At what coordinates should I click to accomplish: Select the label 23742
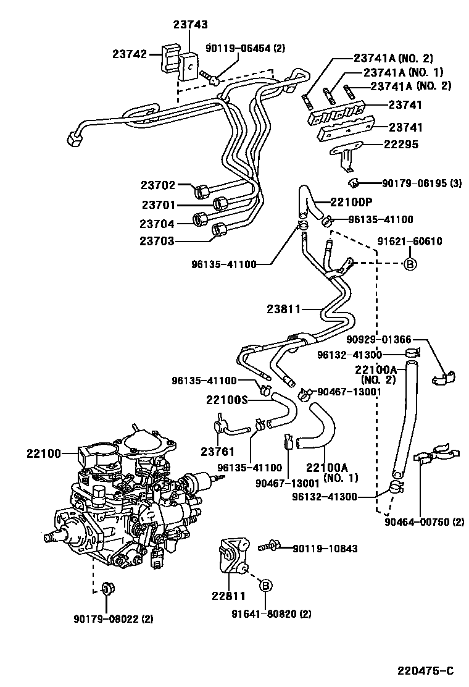tap(129, 54)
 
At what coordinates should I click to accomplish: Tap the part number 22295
tap(401, 145)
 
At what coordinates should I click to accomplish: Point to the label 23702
tap(159, 185)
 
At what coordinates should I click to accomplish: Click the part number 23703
tap(157, 241)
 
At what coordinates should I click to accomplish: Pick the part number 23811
tap(284, 308)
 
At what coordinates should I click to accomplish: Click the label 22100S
tap(226, 400)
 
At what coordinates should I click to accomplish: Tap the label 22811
tap(228, 596)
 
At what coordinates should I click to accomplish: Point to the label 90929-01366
tap(378, 339)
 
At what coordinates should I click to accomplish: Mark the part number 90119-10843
tap(325, 548)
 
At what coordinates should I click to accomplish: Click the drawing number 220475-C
tap(425, 671)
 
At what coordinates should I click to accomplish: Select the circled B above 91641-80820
tap(265, 586)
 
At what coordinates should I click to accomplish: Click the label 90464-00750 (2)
tap(424, 522)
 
